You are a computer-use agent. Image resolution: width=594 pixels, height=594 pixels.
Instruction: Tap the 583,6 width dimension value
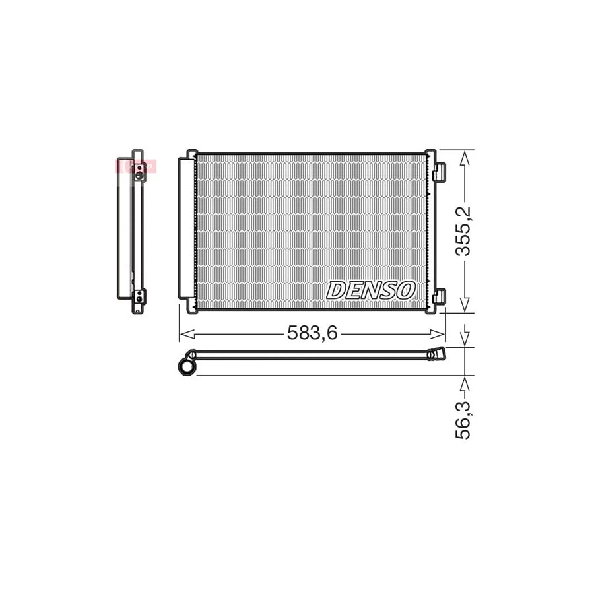(312, 333)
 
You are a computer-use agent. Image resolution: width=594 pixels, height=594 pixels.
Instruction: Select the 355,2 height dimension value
(466, 231)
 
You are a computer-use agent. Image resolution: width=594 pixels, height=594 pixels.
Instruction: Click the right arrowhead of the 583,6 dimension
(440, 333)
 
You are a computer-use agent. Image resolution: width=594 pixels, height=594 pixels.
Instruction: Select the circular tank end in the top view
(187, 365)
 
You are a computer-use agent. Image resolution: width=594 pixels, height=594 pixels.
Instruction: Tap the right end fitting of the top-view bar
(436, 355)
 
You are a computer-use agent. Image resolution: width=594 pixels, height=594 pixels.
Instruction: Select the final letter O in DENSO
(404, 290)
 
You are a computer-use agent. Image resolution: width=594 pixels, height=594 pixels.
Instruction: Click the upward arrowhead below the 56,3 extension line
(466, 382)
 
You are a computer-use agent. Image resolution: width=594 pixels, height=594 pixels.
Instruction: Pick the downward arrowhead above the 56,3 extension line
(466, 340)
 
